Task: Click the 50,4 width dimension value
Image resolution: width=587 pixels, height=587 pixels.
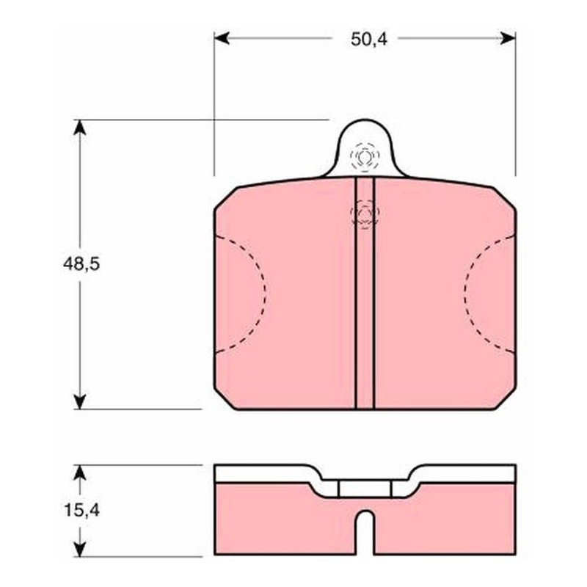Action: [369, 39]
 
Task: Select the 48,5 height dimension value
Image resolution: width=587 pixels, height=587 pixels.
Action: [81, 264]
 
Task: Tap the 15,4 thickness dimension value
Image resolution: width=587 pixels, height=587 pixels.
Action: [81, 510]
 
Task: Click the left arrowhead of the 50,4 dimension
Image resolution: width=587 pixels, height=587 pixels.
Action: [222, 38]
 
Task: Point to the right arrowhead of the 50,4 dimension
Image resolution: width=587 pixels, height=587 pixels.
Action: [508, 38]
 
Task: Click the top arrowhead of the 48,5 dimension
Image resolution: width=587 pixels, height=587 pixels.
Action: [80, 128]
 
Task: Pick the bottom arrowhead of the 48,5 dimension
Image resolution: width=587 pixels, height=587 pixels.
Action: [80, 401]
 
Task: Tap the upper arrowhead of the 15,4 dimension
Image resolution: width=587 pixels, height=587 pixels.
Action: [80, 473]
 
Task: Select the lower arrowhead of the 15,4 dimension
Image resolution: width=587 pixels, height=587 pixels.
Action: [80, 548]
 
